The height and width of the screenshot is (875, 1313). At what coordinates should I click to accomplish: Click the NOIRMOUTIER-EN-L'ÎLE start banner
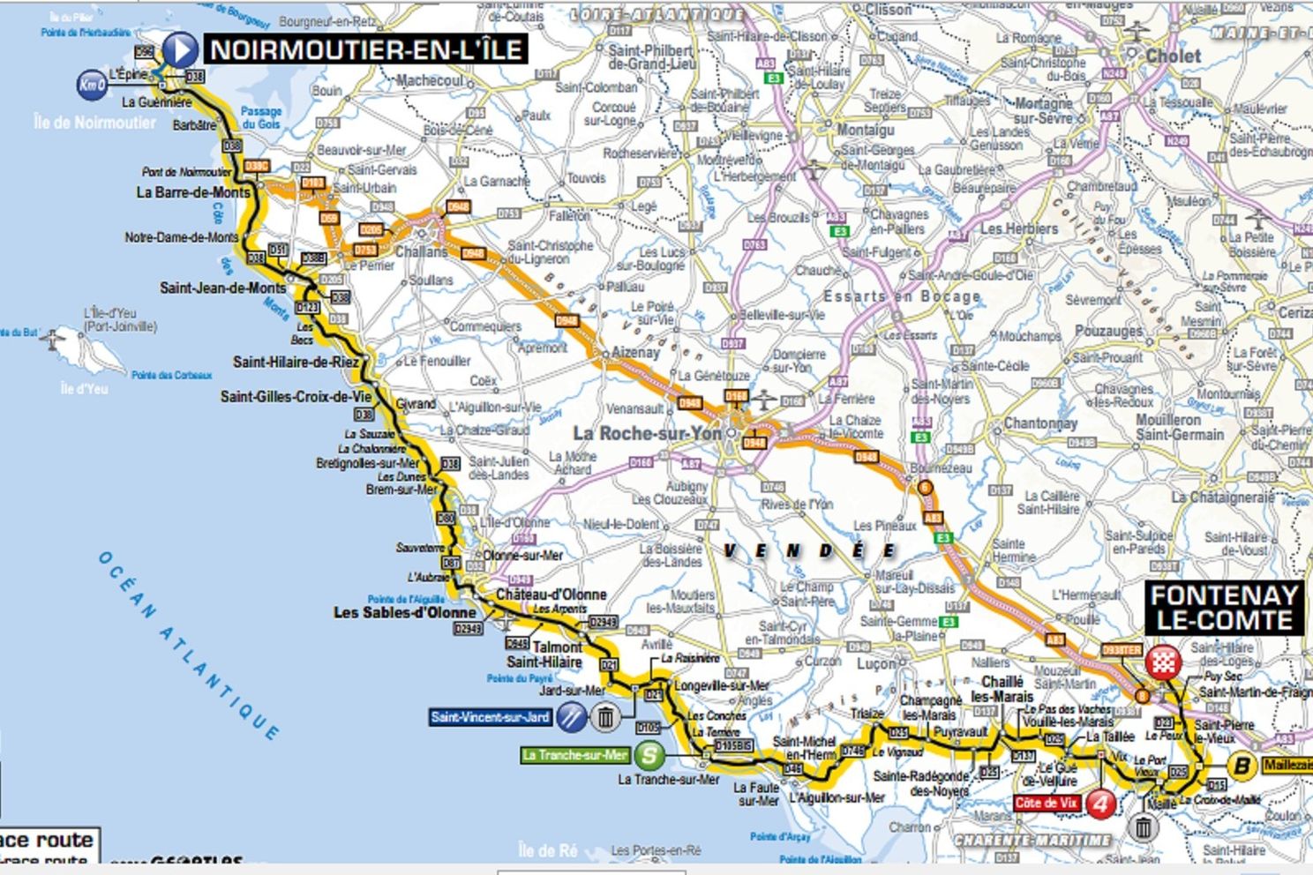366,49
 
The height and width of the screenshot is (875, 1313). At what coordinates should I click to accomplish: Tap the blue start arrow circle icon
180,49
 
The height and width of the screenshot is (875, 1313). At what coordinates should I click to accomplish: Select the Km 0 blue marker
92,85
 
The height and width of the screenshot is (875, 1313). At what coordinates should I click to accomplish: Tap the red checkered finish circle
1163,662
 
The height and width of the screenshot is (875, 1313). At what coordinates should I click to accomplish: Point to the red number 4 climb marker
1100,804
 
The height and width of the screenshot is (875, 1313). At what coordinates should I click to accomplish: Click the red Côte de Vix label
1047,804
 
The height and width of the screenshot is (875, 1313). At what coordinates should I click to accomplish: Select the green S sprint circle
649,755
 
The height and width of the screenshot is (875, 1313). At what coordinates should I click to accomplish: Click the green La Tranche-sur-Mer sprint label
574,755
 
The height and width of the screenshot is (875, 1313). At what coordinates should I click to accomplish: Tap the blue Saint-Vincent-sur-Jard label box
490,717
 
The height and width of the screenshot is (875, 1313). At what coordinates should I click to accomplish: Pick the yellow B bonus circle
1242,766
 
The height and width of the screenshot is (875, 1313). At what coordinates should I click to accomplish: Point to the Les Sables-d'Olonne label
404,612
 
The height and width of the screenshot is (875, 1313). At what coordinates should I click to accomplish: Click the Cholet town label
1173,56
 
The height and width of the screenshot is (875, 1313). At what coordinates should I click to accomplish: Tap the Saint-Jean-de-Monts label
222,288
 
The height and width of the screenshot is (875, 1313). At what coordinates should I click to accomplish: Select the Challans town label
421,251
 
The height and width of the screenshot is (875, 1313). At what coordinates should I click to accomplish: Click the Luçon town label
876,663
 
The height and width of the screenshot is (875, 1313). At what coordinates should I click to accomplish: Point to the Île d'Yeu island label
84,388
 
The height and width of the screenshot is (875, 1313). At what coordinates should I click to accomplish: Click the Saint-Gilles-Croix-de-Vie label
296,397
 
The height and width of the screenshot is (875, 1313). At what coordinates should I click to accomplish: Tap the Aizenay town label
635,353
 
